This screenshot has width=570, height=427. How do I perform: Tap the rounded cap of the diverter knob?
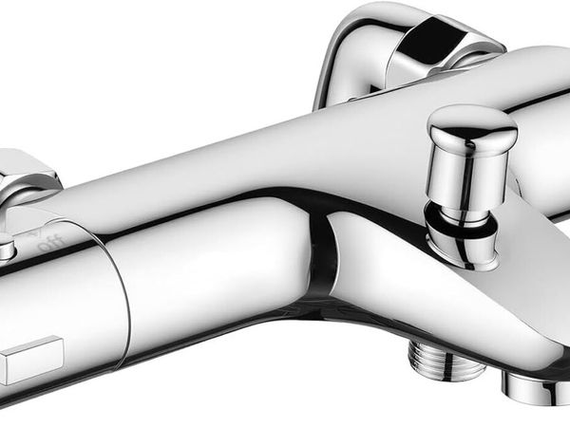(473, 126)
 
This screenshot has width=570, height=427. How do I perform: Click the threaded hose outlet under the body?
(446, 361)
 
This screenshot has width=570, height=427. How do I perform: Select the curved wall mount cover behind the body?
(400, 54)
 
